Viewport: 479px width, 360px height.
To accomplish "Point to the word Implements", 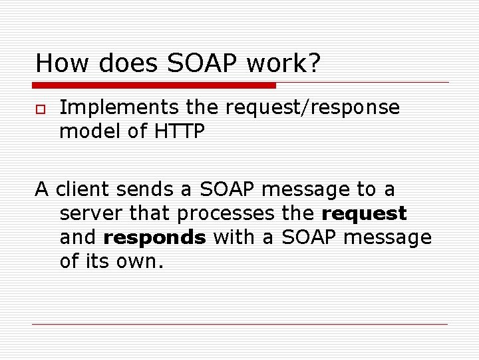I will (x=117, y=107).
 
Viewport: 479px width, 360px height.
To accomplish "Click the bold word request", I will (x=364, y=214).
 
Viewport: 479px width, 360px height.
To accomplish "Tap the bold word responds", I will (x=155, y=237).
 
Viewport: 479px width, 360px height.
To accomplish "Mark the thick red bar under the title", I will (x=154, y=85).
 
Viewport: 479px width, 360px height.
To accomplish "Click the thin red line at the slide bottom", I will (x=239, y=325).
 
